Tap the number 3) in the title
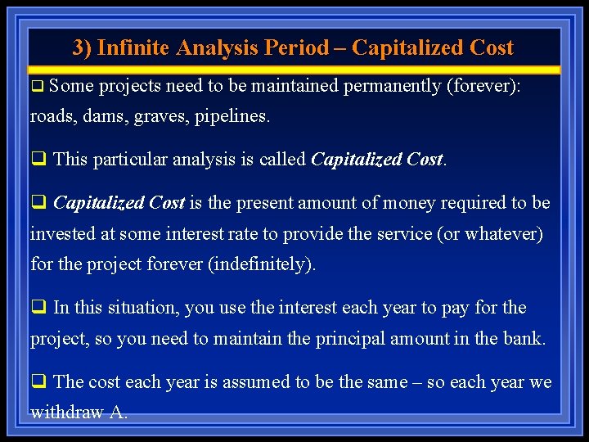[x=82, y=47]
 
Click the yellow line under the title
[x=294, y=70]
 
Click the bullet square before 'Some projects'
[x=37, y=86]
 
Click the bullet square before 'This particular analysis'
[x=38, y=159]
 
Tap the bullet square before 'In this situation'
[x=38, y=308]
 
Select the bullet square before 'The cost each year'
[x=38, y=382]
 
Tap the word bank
[x=525, y=339]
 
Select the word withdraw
[x=66, y=413]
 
